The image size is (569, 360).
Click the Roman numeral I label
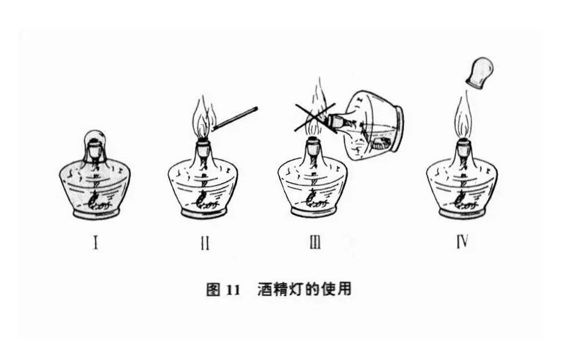pyautogui.click(x=95, y=242)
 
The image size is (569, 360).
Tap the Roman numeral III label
pyautogui.click(x=315, y=242)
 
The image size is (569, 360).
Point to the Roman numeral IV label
pyautogui.click(x=462, y=242)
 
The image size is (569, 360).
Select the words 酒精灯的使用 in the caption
pyautogui.click(x=304, y=290)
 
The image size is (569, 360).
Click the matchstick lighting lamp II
pyautogui.click(x=236, y=118)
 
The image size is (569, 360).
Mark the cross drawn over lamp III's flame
pyautogui.click(x=314, y=116)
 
